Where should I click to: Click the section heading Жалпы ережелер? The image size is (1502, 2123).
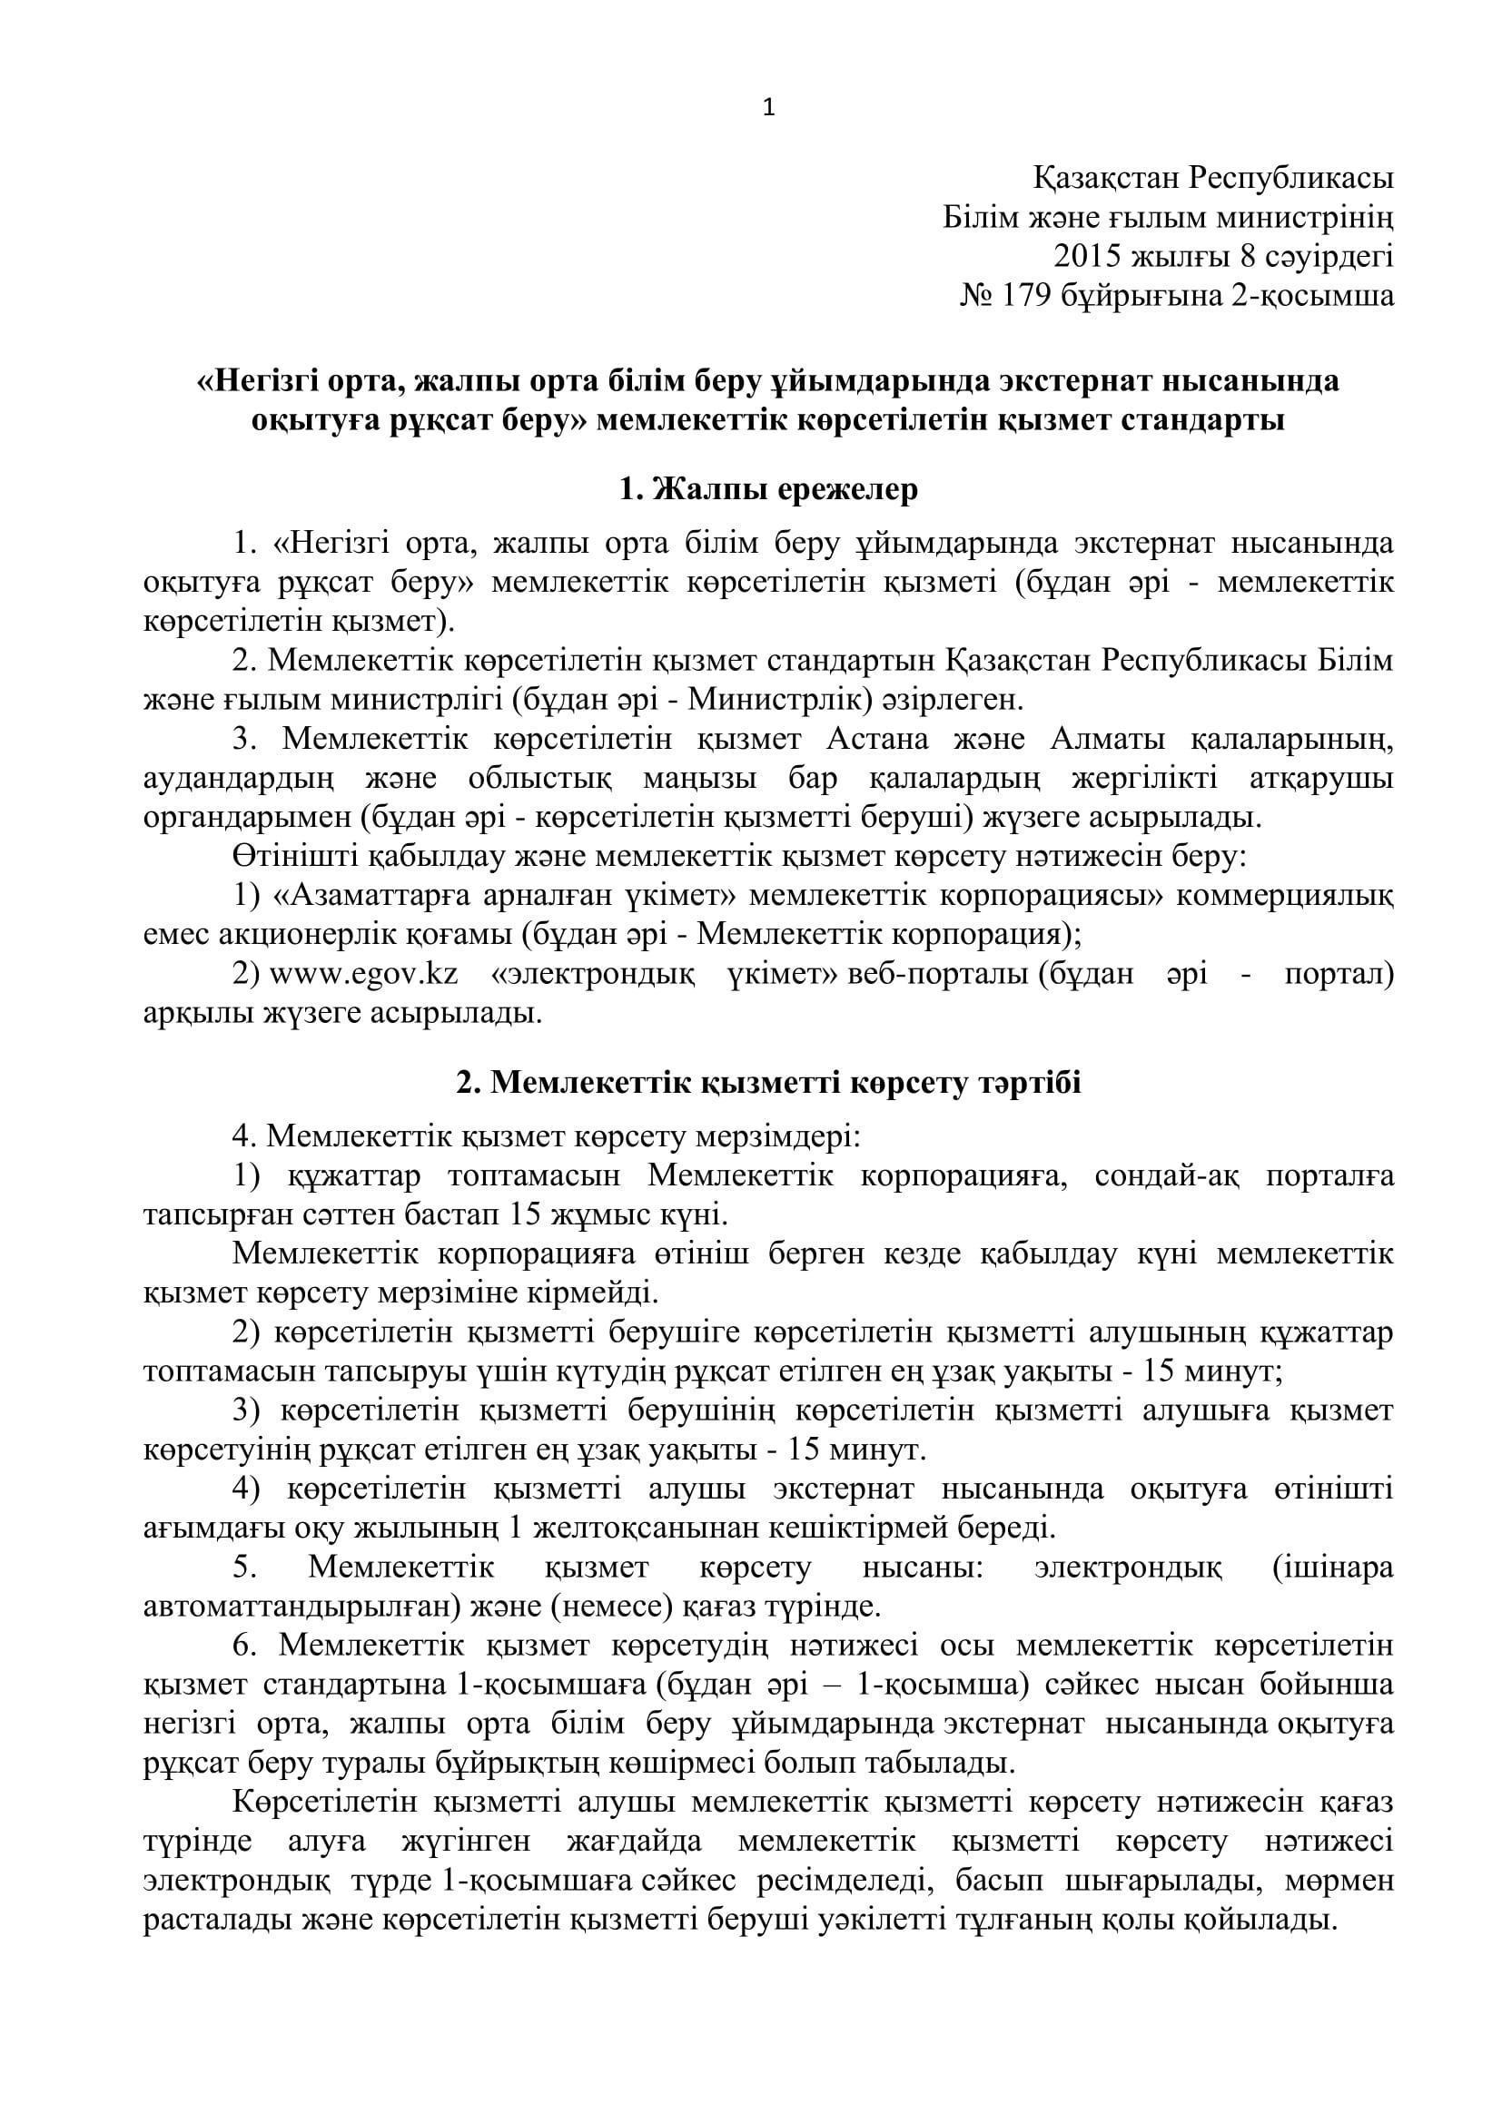(x=786, y=489)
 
